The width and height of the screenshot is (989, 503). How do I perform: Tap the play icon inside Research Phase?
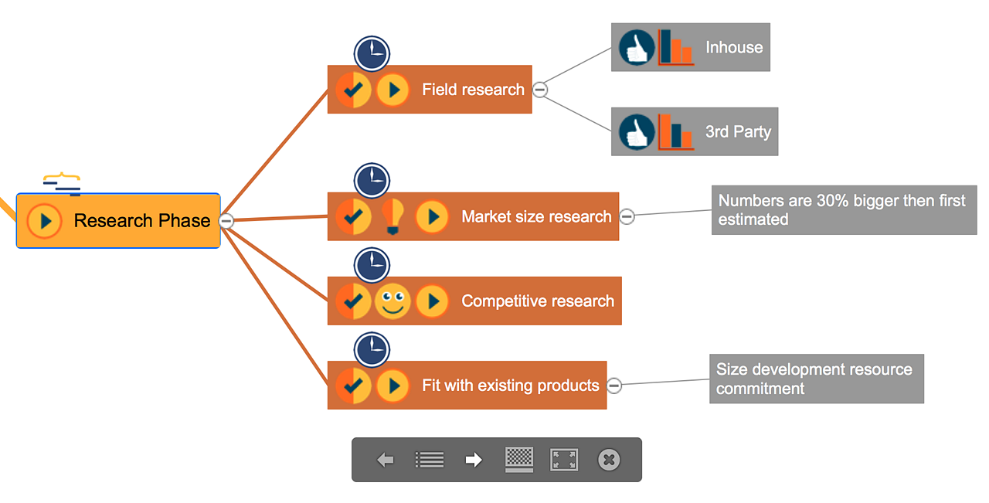click(x=45, y=221)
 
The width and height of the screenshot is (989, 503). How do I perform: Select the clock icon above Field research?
click(x=372, y=53)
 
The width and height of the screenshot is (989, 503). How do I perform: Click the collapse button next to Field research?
click(x=541, y=90)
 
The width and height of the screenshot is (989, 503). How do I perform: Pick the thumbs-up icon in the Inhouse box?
click(x=637, y=48)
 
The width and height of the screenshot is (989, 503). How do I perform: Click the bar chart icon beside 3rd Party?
click(x=675, y=132)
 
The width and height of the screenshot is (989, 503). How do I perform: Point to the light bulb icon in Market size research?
click(x=393, y=217)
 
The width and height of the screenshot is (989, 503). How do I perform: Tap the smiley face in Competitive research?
click(x=393, y=301)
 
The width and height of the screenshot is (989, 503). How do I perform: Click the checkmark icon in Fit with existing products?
click(x=353, y=386)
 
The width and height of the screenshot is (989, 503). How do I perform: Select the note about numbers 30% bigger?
click(x=844, y=210)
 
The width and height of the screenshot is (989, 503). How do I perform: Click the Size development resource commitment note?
click(x=817, y=379)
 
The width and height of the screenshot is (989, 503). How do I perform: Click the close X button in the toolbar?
click(x=609, y=461)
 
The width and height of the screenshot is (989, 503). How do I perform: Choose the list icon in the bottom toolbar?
click(x=430, y=461)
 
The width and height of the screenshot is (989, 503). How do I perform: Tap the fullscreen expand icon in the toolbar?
click(x=564, y=461)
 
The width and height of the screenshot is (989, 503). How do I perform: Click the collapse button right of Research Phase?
click(x=226, y=221)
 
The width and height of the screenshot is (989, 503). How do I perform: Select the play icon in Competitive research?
click(x=433, y=301)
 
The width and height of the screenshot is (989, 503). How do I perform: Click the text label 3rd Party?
click(x=738, y=132)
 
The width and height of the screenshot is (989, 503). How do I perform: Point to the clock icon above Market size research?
click(x=372, y=181)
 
